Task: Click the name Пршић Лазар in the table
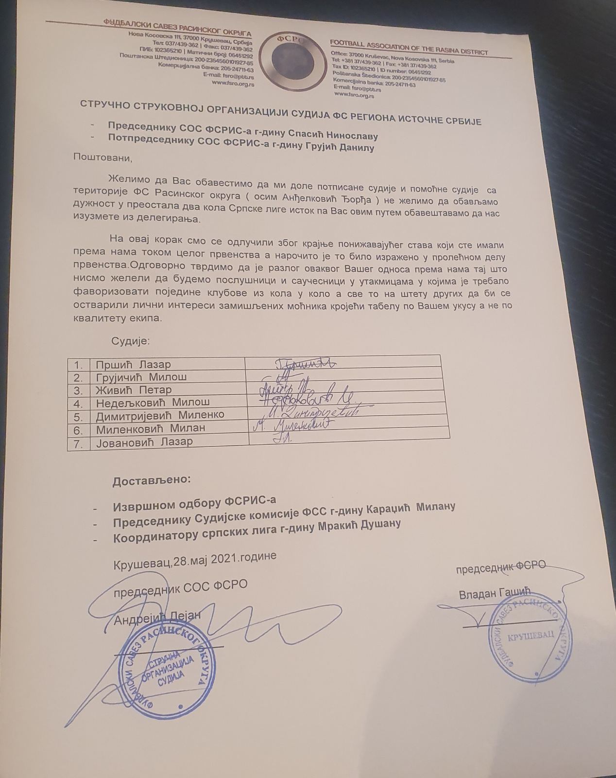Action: (x=133, y=364)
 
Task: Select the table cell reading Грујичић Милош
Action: (x=141, y=377)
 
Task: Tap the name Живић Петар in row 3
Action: (x=134, y=390)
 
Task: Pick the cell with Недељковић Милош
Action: (x=153, y=403)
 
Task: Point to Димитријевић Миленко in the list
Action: (x=160, y=415)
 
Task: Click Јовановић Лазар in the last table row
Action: (x=144, y=442)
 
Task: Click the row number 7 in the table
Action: (x=78, y=443)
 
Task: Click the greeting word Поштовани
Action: (x=103, y=157)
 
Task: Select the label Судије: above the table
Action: (x=131, y=341)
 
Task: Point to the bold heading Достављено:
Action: (x=152, y=480)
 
